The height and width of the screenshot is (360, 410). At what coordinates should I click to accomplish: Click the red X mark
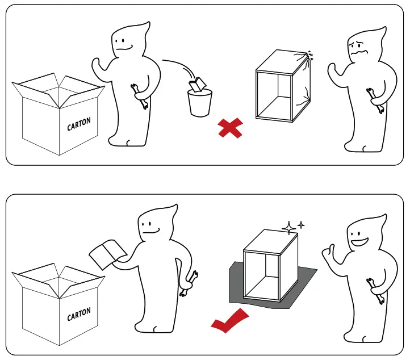pos(230,128)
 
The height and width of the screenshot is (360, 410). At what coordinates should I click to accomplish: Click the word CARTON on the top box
pos(78,124)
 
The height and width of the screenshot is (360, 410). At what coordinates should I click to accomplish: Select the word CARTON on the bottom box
pos(78,314)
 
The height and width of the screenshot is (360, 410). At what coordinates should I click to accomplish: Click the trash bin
pos(200,102)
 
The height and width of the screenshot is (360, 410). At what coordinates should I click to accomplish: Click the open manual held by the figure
pos(107,253)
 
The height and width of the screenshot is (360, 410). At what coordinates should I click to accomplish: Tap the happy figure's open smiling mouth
pos(361,242)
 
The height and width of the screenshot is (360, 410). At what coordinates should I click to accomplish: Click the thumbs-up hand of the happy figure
pos(329,253)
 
